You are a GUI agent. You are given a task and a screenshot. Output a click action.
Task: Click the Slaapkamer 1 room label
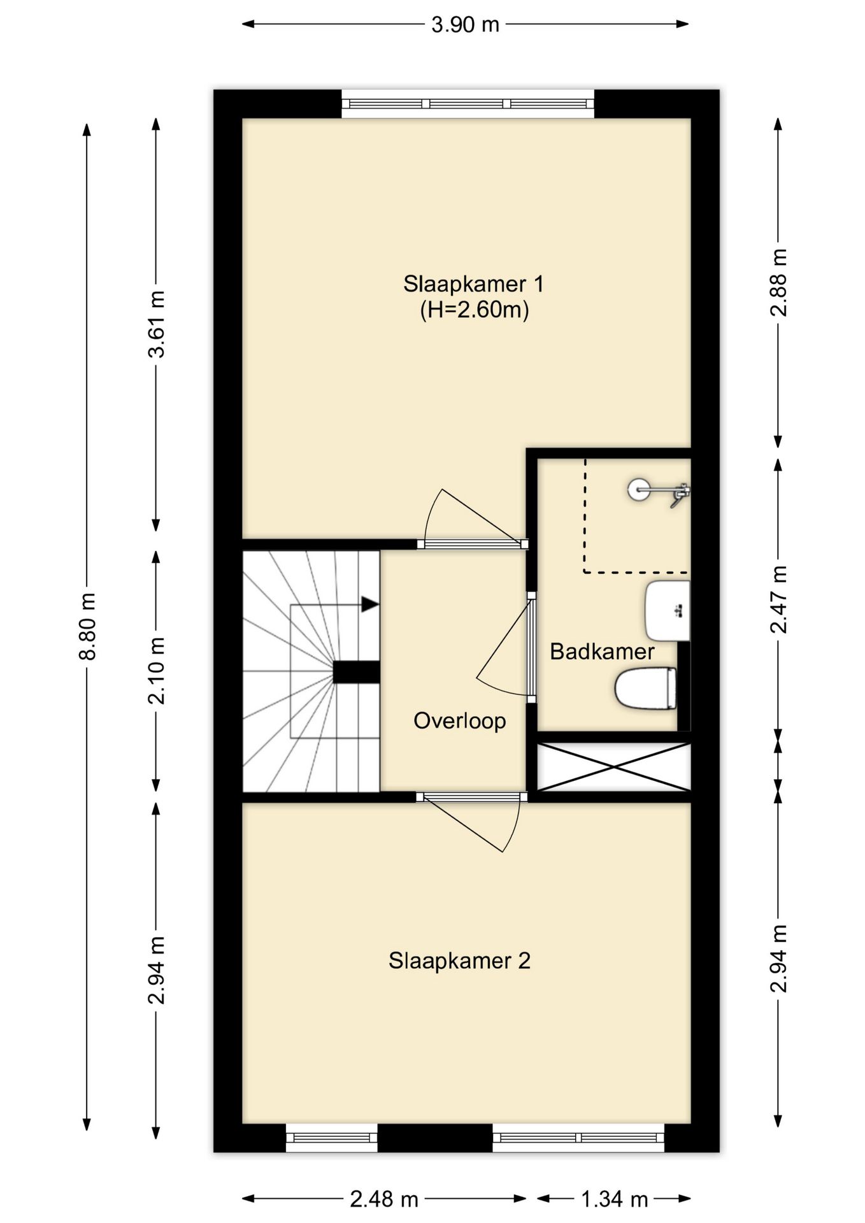pyautogui.click(x=473, y=284)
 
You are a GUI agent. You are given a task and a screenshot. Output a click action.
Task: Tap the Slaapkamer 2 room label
pyautogui.click(x=459, y=961)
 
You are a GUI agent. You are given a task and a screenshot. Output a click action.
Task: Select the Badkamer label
pyautogui.click(x=602, y=652)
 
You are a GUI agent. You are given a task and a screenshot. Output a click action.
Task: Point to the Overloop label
pyautogui.click(x=459, y=720)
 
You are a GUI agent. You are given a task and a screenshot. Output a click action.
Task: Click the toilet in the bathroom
pyautogui.click(x=645, y=688)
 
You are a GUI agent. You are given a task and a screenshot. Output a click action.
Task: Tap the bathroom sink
pyautogui.click(x=668, y=610)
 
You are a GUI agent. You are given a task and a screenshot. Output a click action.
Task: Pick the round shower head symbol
pyautogui.click(x=638, y=490)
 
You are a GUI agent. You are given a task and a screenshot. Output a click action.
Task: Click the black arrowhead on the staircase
pyautogui.click(x=370, y=604)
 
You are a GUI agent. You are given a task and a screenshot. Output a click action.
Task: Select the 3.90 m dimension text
pyautogui.click(x=465, y=25)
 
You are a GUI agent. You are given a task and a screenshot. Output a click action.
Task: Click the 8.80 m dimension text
pyautogui.click(x=87, y=626)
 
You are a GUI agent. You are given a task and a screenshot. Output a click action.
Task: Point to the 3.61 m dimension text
pyautogui.click(x=156, y=324)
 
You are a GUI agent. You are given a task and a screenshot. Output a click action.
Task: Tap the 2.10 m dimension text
pyautogui.click(x=156, y=670)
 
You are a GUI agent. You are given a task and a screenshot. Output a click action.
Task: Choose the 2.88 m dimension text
pyautogui.click(x=778, y=282)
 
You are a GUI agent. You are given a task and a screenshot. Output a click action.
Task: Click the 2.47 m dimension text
pyautogui.click(x=778, y=599)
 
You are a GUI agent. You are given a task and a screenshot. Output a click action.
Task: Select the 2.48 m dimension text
pyautogui.click(x=384, y=1199)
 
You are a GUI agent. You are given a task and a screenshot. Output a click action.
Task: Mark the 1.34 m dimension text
pyautogui.click(x=614, y=1199)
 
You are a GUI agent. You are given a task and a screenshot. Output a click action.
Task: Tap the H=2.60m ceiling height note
pyautogui.click(x=475, y=310)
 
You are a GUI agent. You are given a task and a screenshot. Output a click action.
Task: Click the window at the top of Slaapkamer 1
pyautogui.click(x=468, y=104)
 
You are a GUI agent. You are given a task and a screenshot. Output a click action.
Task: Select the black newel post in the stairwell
pyautogui.click(x=357, y=673)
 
